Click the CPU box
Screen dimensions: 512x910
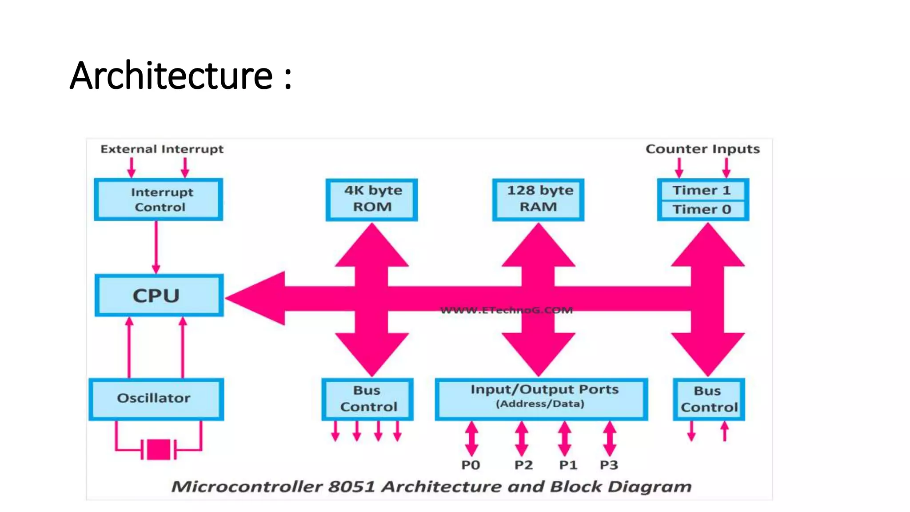159,296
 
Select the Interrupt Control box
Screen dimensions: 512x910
159,200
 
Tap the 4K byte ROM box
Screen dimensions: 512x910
371,200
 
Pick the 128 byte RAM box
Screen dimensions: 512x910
538,200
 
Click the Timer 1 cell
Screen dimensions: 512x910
702,190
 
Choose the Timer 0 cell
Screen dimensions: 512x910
702,209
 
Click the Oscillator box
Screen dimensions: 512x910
156,399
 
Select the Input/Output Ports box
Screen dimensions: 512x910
541,399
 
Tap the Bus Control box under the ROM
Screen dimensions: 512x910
367,399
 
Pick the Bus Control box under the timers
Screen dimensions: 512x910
709,399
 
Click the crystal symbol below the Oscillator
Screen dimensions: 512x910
158,449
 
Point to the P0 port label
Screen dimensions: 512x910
471,465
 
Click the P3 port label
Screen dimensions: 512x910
609,465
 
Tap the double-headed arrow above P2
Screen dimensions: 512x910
522,439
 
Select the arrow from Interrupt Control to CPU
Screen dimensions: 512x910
156,247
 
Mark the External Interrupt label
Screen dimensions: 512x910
162,149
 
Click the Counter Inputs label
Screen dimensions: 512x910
702,149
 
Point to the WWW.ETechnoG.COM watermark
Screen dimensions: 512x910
507,310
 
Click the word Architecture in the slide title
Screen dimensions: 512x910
171,76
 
